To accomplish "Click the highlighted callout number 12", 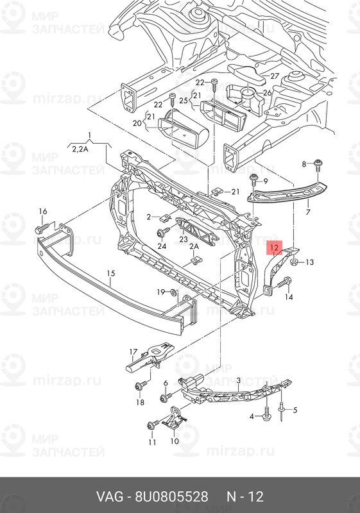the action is pos(274,248).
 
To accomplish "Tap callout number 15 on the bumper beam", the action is pos(111,273).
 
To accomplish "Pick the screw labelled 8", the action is pos(317,166).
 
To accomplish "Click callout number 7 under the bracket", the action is pos(307,212).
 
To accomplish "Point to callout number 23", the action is pos(184,239).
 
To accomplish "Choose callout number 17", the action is pos(133,352).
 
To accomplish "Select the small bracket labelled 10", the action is pos(173,419).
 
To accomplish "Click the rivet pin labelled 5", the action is pos(282,410).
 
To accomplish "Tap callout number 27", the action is pos(275,76).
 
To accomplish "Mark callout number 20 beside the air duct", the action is pos(138,123).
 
